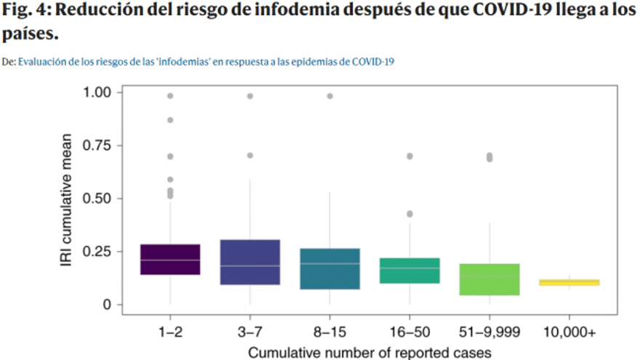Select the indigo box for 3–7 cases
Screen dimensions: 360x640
(x=250, y=263)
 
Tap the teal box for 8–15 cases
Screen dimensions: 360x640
(x=329, y=268)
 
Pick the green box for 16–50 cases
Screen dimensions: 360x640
(x=409, y=271)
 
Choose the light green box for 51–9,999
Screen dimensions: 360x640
(x=489, y=279)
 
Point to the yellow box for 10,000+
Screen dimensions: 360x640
(x=569, y=282)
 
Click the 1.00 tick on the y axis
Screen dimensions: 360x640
(x=97, y=92)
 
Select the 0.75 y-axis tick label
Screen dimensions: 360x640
(x=97, y=145)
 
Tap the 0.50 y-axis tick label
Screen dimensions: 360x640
(x=97, y=199)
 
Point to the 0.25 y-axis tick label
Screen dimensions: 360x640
(x=97, y=252)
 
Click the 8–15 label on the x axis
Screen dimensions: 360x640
(x=329, y=332)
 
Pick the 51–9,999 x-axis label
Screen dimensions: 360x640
(x=489, y=332)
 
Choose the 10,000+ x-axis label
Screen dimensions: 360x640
(x=569, y=332)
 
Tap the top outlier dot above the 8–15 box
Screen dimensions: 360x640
(x=329, y=96)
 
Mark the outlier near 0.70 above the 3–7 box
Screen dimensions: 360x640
(x=250, y=155)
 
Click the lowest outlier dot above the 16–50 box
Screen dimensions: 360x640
(x=409, y=214)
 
